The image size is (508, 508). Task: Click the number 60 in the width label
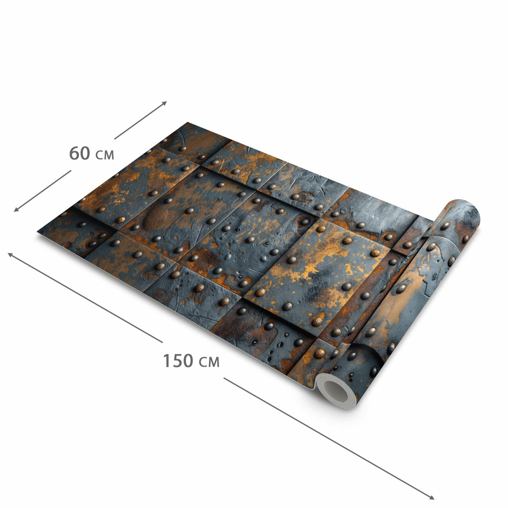[x=80, y=153]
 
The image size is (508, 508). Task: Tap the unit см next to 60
[x=105, y=155]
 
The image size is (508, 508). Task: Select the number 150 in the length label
[x=178, y=361]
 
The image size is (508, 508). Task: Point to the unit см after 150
[x=209, y=362]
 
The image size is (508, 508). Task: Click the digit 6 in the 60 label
[x=74, y=153]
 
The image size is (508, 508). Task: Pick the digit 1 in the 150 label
[x=167, y=361]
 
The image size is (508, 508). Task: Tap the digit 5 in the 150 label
[x=178, y=361]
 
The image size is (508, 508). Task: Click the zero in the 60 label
[x=85, y=153]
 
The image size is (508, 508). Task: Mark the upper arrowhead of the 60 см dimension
[x=164, y=103]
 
